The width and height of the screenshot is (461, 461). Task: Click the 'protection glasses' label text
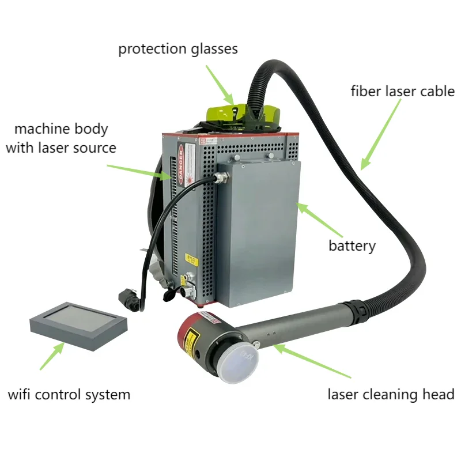(x=178, y=49)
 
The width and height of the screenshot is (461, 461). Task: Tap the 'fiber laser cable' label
(x=403, y=91)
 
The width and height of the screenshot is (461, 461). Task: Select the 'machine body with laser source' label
(x=61, y=138)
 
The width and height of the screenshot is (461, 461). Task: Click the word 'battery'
(x=352, y=246)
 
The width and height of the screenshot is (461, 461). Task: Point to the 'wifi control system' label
(x=69, y=395)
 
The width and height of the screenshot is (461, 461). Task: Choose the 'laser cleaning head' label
(x=391, y=395)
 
